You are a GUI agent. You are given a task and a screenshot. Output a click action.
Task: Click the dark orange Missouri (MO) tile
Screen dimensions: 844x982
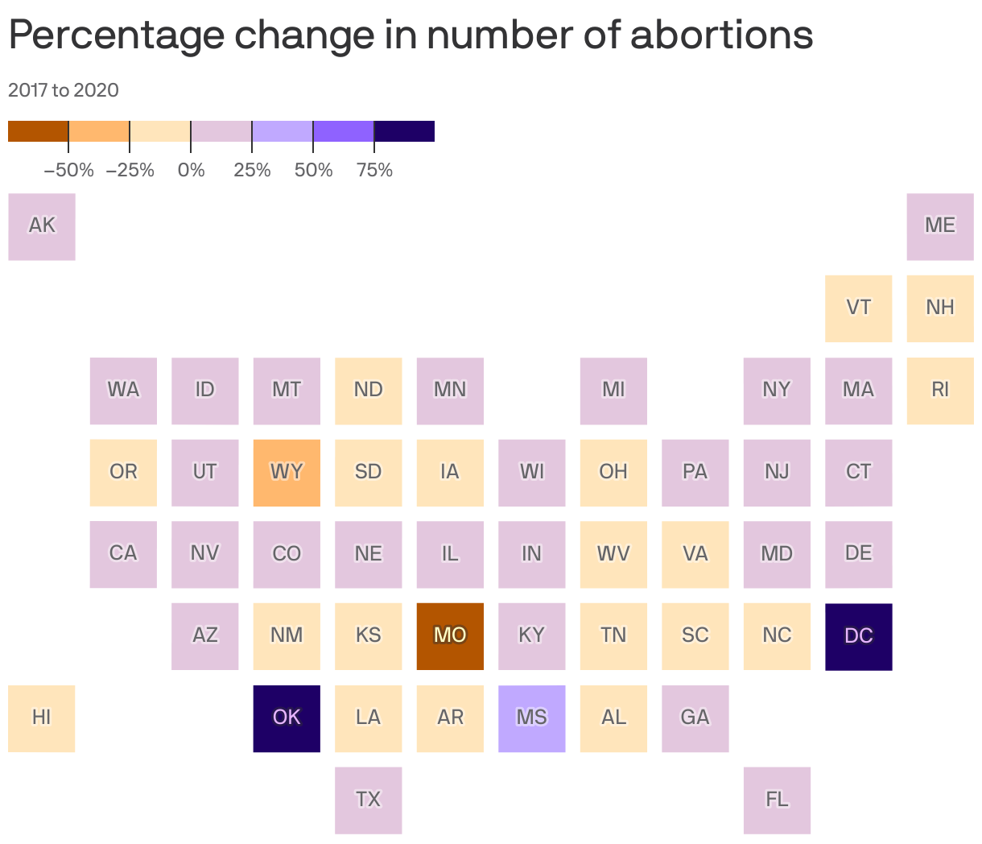[450, 636]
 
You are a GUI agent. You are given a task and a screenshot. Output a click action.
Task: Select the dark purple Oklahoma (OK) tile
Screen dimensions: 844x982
[287, 718]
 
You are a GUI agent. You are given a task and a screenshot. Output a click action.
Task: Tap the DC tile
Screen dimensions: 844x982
[858, 636]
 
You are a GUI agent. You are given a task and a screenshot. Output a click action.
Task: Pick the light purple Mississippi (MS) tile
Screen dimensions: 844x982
[531, 718]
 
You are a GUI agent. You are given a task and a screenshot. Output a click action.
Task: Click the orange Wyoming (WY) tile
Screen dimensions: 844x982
[287, 473]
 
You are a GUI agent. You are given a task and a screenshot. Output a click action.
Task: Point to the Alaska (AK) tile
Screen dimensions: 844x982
[42, 226]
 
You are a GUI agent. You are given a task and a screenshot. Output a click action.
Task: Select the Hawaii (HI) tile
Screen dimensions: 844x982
[42, 718]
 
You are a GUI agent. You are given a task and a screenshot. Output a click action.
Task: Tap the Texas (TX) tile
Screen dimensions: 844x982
[368, 800]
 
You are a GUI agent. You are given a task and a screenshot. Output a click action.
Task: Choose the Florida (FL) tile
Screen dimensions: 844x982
[777, 800]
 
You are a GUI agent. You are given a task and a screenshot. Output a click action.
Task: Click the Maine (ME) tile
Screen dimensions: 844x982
[940, 226]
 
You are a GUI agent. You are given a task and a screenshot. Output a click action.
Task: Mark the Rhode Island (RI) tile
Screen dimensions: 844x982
[940, 391]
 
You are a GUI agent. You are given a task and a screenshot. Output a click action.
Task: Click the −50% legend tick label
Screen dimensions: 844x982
[68, 171]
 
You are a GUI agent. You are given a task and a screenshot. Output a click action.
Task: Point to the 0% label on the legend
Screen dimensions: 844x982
[191, 171]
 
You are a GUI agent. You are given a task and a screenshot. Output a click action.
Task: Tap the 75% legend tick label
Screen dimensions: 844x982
[374, 171]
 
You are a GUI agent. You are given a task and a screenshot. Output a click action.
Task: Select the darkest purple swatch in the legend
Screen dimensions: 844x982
[404, 131]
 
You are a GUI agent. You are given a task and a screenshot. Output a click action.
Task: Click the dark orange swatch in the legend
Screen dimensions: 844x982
[38, 131]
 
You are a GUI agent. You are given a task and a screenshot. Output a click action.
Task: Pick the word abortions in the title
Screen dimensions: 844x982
[721, 35]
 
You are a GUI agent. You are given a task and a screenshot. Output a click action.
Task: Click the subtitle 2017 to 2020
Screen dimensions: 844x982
[64, 90]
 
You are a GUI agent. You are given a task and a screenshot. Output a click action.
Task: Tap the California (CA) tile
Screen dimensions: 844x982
[123, 554]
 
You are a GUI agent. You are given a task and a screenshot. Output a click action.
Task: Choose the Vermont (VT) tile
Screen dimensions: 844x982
[858, 308]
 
